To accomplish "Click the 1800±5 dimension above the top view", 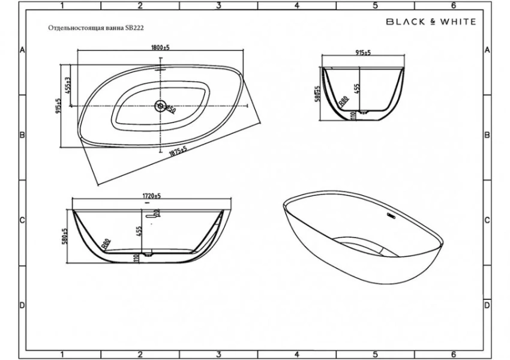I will tap(160, 48).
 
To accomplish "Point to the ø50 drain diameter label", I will tap(170, 110).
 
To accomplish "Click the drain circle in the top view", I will tap(160, 106).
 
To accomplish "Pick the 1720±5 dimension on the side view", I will tap(150, 196).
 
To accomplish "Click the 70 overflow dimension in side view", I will tap(156, 213).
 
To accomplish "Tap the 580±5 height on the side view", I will tap(64, 236).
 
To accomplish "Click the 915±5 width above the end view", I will tap(363, 53).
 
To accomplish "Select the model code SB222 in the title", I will tap(135, 28).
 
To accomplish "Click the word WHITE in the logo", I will tap(455, 22).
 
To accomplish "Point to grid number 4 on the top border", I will tap(296, 6).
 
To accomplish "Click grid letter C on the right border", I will tap(487, 220).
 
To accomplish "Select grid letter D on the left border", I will tap(22, 305).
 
